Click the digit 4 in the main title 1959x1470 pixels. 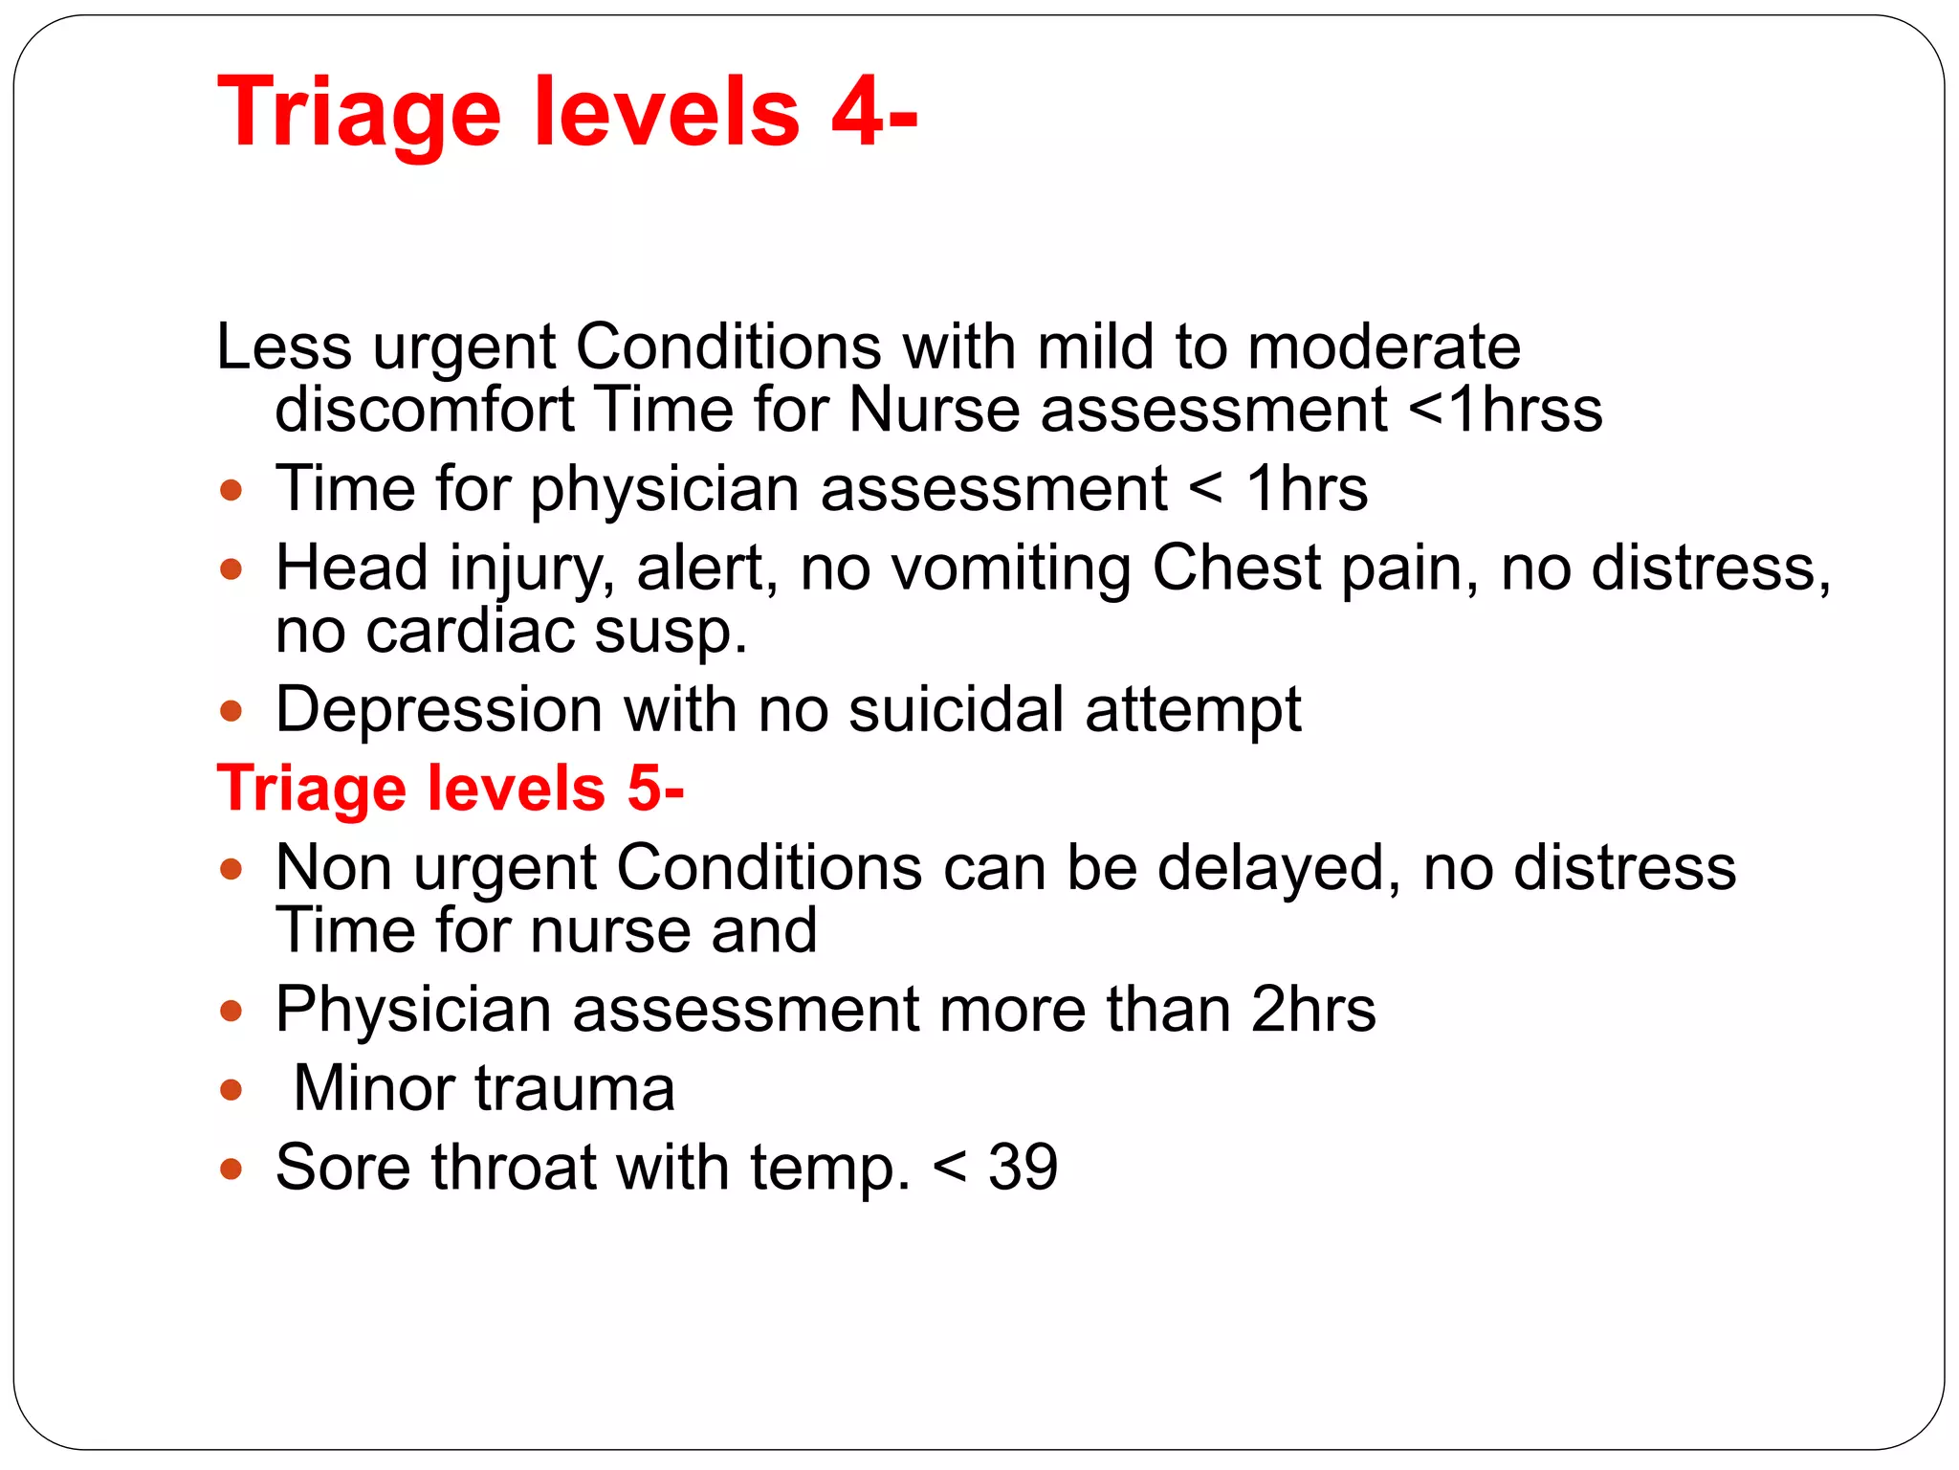[857, 113]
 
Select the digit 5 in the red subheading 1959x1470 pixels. [644, 789]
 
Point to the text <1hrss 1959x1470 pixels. [1506, 410]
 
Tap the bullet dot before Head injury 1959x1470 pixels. [231, 570]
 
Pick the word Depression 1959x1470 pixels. [438, 711]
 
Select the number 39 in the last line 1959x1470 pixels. [1023, 1168]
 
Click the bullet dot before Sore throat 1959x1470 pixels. [231, 1169]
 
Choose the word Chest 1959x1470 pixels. [1236, 568]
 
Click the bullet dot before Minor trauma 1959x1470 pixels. [231, 1090]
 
